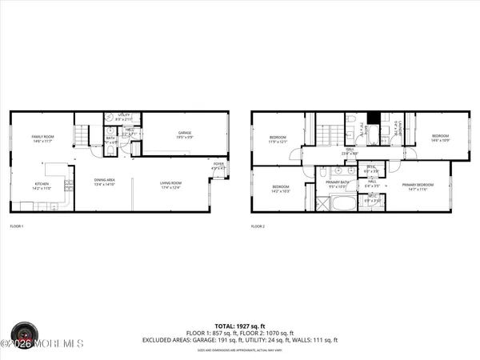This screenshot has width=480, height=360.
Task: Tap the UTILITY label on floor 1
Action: coord(124,115)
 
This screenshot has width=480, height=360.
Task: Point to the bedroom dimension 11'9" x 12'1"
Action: coord(278,141)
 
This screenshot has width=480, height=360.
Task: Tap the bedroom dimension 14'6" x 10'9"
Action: coord(441,140)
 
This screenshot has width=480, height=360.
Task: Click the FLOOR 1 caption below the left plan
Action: coord(17,227)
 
